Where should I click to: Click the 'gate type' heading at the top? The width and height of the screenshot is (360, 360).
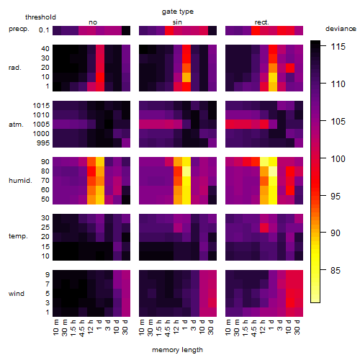coord(178,12)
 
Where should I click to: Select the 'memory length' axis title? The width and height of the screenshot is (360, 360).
coord(177,350)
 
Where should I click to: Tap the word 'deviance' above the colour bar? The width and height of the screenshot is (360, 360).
coord(341,29)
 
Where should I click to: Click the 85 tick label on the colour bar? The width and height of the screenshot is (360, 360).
coord(336,271)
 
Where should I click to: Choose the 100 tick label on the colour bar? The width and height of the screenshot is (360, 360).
coord(338,158)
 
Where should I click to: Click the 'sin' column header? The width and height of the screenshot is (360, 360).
coord(177,22)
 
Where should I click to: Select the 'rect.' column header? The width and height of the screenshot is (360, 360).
coord(261,22)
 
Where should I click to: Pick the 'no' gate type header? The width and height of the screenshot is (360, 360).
coord(93,22)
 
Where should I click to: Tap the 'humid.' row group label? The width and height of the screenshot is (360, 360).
coord(20,181)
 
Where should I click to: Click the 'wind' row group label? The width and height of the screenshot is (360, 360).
coord(17,294)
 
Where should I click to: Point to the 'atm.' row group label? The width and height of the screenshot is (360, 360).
coord(16,125)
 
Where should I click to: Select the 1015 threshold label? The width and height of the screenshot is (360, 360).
coord(41,106)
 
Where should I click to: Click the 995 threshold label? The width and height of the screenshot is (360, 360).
coord(43,143)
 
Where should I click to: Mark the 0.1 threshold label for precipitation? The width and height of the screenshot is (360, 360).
coord(44,30)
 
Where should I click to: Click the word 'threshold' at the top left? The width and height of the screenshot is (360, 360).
coord(40,17)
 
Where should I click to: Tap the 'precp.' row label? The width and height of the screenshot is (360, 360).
coord(19,30)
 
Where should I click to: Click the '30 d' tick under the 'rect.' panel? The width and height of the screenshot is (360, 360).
coord(297,327)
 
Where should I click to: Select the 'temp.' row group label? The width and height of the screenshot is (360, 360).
coord(18,236)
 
